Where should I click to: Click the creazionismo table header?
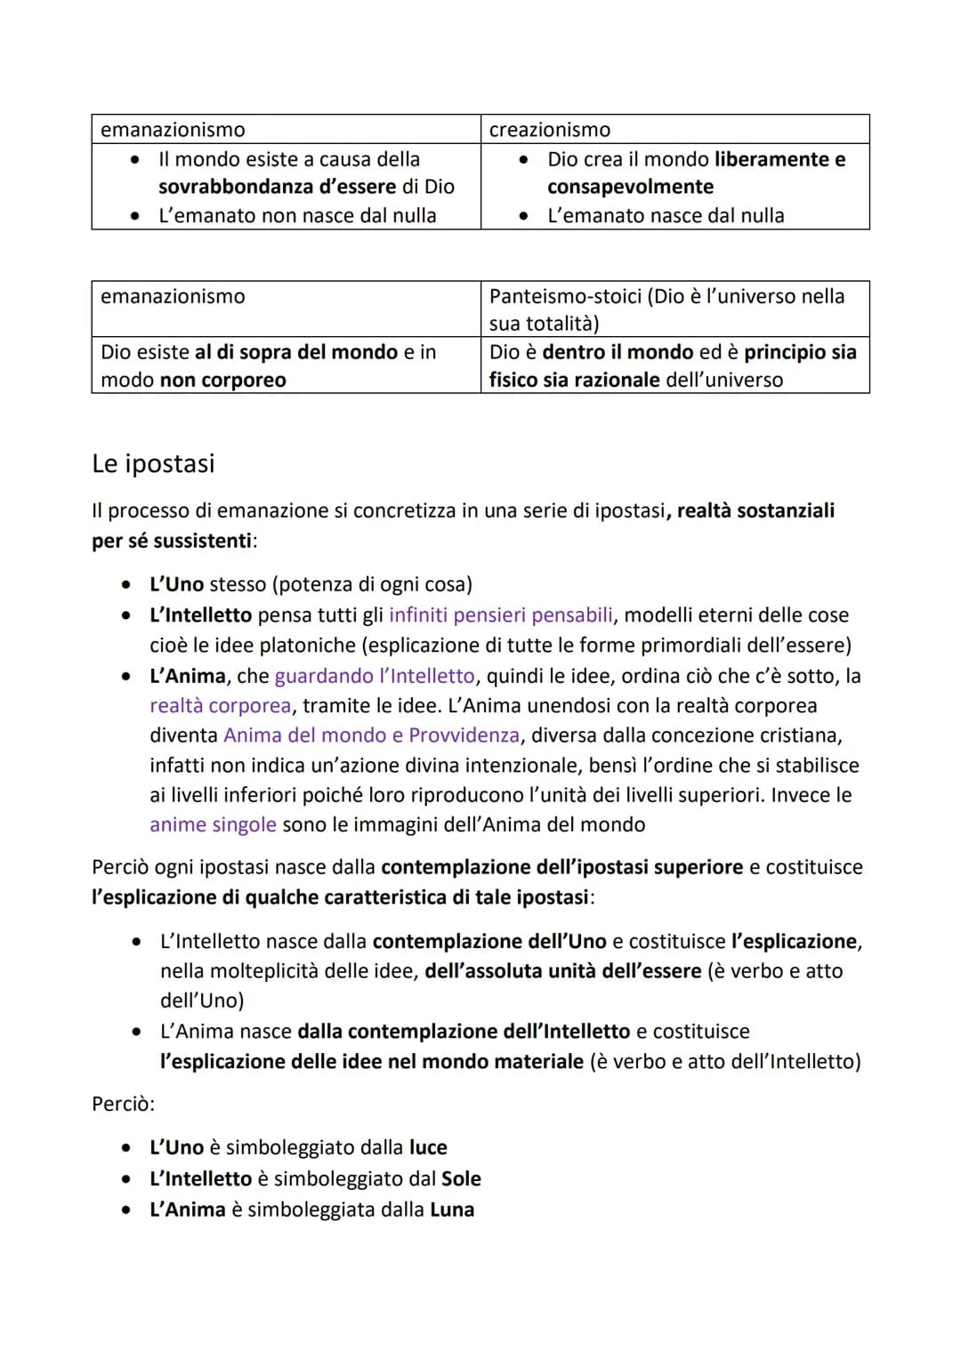point(550,130)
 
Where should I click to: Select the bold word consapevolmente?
point(630,187)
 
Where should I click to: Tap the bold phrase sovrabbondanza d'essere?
point(277,187)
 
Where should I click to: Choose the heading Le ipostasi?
point(153,463)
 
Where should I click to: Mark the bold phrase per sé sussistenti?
point(173,541)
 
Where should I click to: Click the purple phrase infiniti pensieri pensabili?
point(500,615)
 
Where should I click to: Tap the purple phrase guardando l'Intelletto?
point(374,676)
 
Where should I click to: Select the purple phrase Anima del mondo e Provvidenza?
point(371,735)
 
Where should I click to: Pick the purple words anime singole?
point(213,824)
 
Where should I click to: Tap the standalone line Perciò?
point(123,1104)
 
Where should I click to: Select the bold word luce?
point(428,1147)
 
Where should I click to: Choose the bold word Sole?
point(461,1178)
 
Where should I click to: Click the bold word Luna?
point(452,1209)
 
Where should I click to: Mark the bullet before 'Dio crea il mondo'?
point(525,159)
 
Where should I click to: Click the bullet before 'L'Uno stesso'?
point(128,584)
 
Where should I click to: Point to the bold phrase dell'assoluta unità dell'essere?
point(563,971)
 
